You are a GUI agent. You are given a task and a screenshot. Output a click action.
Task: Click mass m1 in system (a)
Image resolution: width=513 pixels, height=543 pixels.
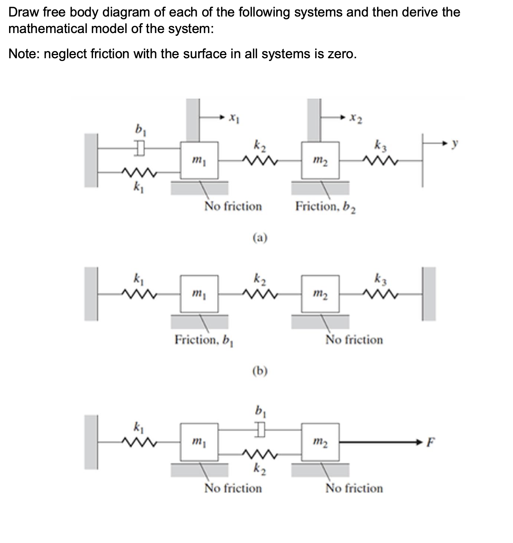tap(199, 160)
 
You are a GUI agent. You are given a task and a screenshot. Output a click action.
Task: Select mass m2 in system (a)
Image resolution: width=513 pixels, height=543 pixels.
tap(320, 160)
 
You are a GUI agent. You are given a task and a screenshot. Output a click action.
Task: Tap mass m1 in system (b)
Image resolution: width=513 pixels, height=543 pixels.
tap(199, 294)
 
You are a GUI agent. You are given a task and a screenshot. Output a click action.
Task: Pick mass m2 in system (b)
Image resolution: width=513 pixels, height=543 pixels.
tap(320, 294)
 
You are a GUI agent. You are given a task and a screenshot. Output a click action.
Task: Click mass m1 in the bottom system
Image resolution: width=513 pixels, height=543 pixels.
tap(199, 442)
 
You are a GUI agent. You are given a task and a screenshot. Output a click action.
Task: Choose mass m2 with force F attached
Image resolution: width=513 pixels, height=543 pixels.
tap(320, 442)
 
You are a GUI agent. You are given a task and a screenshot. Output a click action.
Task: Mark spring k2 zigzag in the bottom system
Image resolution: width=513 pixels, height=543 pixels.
tap(260, 456)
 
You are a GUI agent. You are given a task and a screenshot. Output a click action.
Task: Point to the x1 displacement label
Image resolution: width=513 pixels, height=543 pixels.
tap(234, 117)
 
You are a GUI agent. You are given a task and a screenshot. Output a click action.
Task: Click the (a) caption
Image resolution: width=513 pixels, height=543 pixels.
tap(260, 238)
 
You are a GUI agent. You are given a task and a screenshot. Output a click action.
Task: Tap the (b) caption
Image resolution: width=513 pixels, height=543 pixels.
tap(260, 371)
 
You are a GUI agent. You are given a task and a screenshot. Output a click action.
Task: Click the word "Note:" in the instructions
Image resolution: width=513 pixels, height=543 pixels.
tap(24, 54)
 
